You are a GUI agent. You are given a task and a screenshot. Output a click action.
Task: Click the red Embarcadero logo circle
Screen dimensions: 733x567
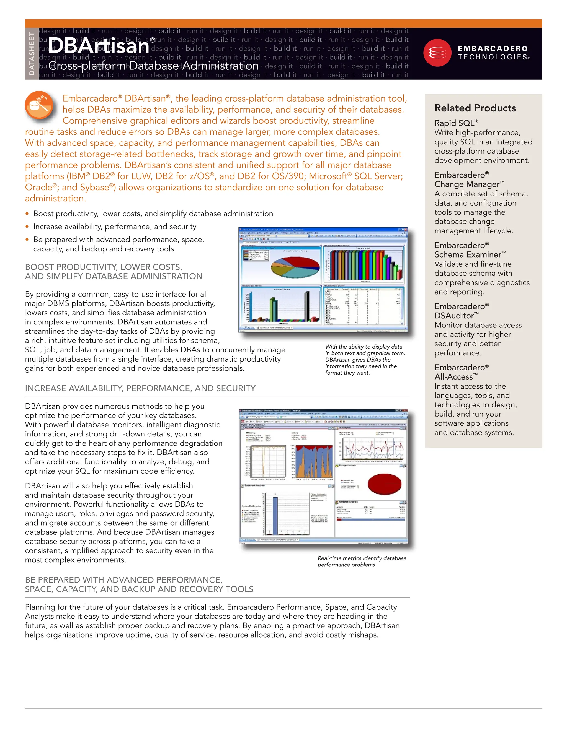437,53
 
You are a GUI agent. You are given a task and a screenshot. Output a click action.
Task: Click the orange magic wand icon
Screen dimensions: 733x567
39,105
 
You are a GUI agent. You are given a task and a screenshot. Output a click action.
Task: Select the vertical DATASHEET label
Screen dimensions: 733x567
32,54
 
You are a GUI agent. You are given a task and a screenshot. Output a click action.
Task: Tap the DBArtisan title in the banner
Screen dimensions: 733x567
98,46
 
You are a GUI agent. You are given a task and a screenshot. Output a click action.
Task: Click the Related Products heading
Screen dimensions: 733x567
475,108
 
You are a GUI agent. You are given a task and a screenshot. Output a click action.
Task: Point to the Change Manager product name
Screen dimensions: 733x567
469,184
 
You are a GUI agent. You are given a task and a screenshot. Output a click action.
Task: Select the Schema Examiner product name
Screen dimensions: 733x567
470,254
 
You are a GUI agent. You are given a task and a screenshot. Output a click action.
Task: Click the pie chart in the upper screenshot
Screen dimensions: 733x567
295,267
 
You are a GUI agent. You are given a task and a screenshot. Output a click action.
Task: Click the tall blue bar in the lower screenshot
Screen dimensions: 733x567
275,516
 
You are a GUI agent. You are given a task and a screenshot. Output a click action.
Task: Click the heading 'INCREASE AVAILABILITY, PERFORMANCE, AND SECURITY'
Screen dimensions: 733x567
140,388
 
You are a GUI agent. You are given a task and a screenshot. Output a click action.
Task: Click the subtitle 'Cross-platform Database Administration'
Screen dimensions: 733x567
153,66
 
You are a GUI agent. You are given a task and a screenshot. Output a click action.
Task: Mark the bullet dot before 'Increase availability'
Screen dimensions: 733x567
27,227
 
